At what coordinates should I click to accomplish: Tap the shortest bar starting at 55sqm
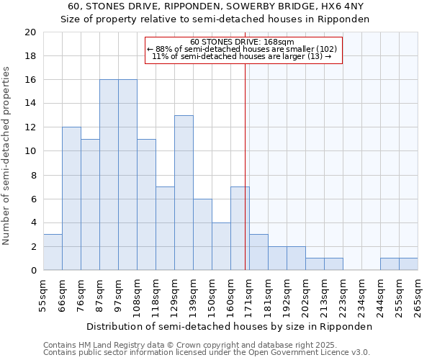click(53, 252)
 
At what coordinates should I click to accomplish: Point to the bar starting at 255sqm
click(408, 264)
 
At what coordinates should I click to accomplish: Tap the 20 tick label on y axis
click(30, 32)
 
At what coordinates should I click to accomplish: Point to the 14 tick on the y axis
click(30, 104)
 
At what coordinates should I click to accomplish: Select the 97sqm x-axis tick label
click(118, 296)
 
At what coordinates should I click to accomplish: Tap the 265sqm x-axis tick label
click(418, 296)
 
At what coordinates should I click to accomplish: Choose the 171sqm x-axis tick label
click(249, 296)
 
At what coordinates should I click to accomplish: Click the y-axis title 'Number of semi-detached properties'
click(6, 156)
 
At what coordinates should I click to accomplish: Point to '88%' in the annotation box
click(163, 49)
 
